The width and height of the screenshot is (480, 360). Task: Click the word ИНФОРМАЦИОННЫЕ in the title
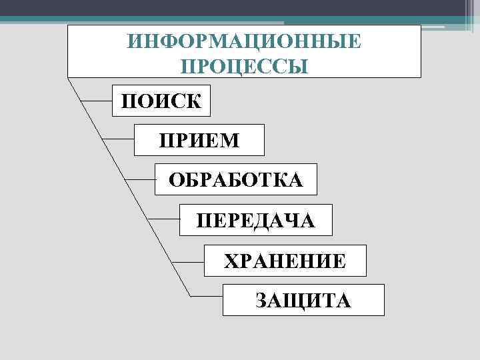click(245, 42)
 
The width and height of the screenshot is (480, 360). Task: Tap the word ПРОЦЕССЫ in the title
click(245, 67)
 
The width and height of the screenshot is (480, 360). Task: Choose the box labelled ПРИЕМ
click(199, 141)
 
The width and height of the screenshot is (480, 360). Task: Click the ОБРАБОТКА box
click(236, 180)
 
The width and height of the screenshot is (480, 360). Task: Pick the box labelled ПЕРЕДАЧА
click(256, 221)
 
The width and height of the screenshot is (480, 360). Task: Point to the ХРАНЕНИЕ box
click(285, 261)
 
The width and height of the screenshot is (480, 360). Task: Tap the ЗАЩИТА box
click(303, 300)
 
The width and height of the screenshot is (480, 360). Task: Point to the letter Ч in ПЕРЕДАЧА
click(294, 221)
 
